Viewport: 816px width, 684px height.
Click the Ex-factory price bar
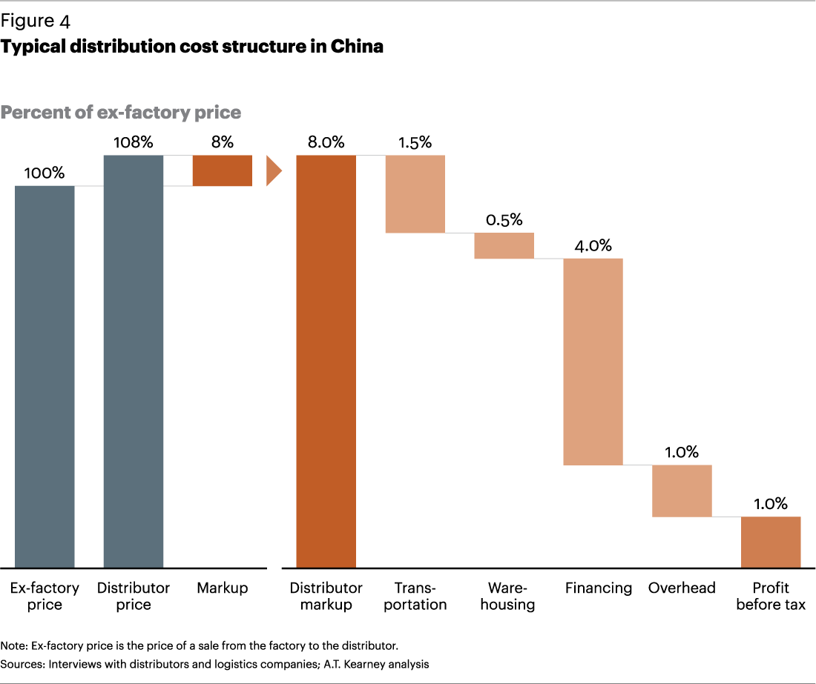45,376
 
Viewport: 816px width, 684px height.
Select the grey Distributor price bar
134,362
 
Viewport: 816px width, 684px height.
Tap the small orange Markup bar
223,170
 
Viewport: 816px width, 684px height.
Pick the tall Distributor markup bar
326,362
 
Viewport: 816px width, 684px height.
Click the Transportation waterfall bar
415,194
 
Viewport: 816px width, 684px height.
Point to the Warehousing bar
504,246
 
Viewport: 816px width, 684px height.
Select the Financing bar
593,362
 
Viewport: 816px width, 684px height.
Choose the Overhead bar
682,491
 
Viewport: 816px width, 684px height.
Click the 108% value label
134,142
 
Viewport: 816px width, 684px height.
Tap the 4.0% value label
593,245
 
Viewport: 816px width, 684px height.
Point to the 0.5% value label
504,220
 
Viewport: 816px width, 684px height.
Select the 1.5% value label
415,142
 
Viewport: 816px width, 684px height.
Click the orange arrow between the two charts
274,171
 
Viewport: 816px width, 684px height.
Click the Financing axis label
599,588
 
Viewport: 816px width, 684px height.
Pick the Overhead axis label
682,588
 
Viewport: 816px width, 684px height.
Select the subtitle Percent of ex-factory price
121,113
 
